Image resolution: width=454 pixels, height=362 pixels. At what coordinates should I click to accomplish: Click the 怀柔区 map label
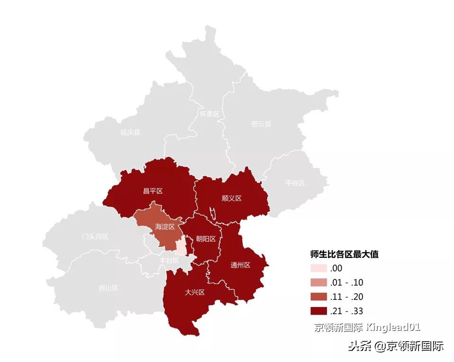pos(209,114)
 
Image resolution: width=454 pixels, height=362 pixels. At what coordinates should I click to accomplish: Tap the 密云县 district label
pos(261,124)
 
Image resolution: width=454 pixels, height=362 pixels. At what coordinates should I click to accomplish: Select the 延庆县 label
pos(130,132)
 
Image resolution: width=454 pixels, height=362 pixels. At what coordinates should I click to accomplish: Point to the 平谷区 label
pos(295,183)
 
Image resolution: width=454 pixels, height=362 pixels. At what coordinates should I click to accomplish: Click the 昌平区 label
pos(153,191)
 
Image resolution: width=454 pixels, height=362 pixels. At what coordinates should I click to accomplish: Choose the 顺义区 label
pos(231,198)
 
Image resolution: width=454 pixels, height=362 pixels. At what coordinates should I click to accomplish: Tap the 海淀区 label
pos(165,227)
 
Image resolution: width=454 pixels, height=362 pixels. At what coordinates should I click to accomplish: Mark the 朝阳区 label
pos(206,239)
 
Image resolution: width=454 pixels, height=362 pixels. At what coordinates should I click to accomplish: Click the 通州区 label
pos(240,265)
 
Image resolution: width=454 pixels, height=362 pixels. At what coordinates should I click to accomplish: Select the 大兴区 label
pos(194,292)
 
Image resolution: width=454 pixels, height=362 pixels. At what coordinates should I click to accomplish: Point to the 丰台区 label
pos(169,260)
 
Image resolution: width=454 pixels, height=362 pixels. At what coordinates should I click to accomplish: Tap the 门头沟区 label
pos(95,236)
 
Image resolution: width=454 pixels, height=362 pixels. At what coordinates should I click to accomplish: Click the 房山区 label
pos(108,288)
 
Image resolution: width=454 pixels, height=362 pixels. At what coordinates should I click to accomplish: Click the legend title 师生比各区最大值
pos(344,254)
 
